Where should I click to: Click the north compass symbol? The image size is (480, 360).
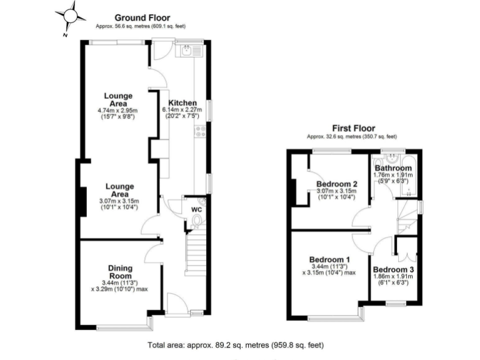coord(71,17)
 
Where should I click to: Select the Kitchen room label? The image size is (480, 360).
coord(183,103)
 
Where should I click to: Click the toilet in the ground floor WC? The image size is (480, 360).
coord(197,221)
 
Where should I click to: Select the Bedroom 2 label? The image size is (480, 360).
coord(336,184)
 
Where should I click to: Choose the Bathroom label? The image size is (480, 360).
coord(393,169)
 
